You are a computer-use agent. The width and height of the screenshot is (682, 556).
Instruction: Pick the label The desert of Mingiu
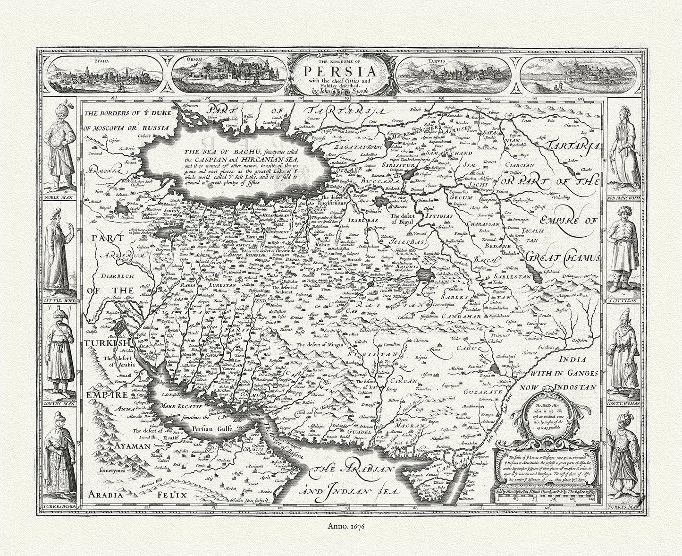[318, 345]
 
